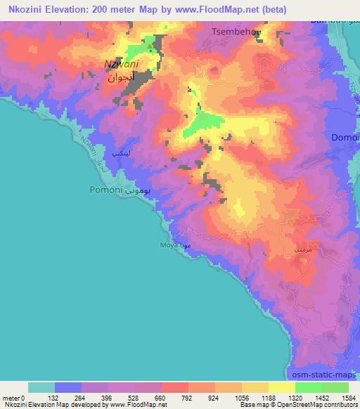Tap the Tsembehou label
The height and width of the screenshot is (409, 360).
(238, 32)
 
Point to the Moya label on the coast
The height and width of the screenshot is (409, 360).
(167, 245)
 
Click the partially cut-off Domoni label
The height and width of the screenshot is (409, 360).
(345, 137)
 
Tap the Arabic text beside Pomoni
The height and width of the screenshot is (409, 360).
(140, 190)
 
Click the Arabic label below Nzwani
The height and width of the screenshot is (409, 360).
(120, 78)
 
